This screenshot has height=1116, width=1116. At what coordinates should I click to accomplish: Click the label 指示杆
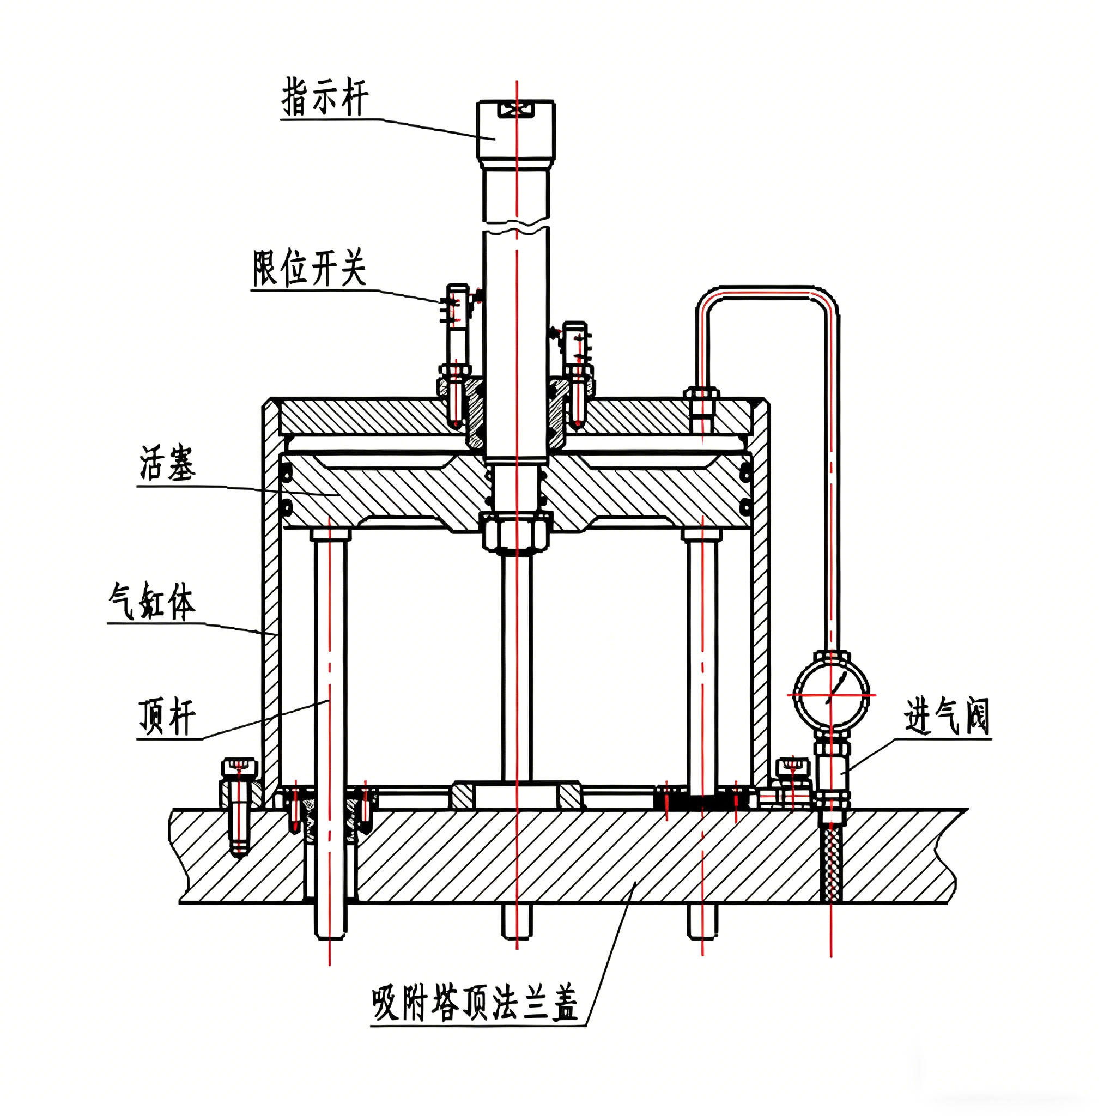point(325,98)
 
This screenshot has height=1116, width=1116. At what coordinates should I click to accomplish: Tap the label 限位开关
point(310,268)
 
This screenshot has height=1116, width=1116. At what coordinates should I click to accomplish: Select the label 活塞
point(167,464)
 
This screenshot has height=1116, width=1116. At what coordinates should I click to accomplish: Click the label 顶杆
point(167,717)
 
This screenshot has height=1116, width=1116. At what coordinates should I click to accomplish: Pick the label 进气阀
point(947,717)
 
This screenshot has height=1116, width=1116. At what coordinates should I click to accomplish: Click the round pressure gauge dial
point(831,695)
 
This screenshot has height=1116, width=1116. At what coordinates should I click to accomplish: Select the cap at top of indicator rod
point(516,130)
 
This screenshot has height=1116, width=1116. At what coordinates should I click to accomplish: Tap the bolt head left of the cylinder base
point(239,768)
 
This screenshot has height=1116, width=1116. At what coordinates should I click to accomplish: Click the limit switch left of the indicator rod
point(458,324)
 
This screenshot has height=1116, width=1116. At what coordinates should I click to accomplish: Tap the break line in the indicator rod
point(517,224)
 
